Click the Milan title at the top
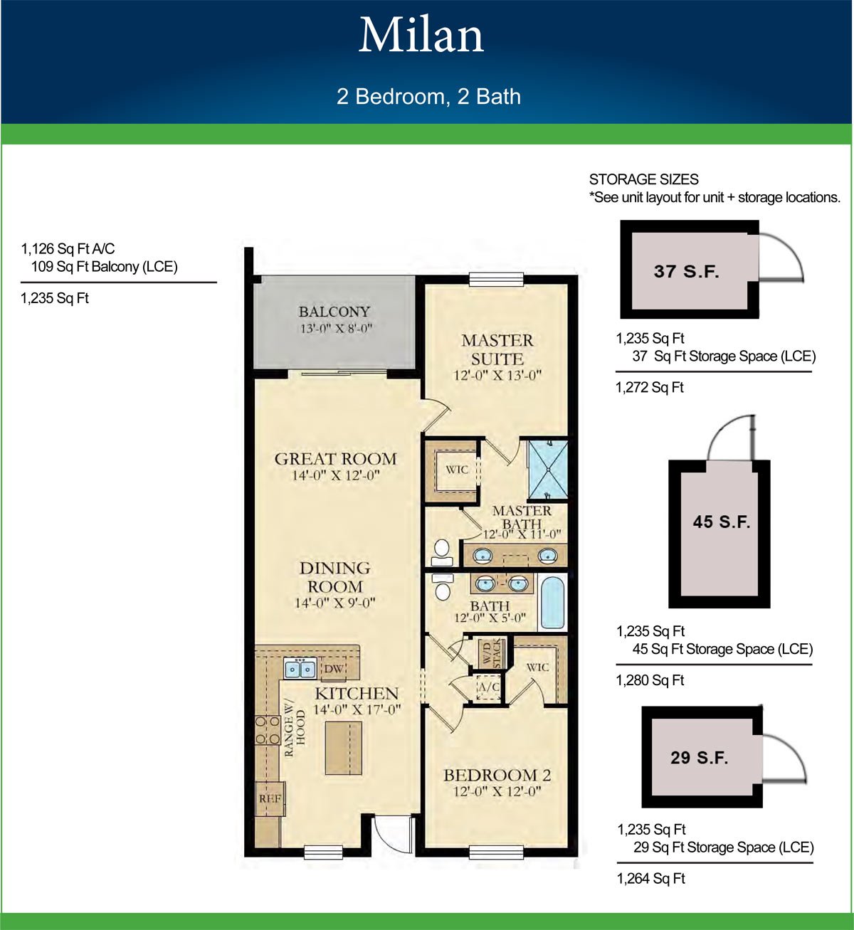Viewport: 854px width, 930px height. (421, 36)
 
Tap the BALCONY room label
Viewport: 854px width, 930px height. (334, 312)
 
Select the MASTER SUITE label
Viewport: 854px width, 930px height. (497, 349)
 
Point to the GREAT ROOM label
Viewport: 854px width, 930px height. (335, 459)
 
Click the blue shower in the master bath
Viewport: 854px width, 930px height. (548, 470)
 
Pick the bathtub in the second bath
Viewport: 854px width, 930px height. (552, 602)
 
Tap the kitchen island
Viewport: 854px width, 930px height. (343, 748)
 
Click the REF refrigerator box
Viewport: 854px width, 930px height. (270, 798)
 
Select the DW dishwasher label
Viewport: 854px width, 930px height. (334, 668)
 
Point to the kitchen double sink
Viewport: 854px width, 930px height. (300, 669)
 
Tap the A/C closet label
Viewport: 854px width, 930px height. (489, 687)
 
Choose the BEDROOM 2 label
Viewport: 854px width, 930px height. (497, 775)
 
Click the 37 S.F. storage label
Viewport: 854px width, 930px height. (687, 271)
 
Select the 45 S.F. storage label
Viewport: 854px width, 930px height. (722, 522)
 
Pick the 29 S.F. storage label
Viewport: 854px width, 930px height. (699, 758)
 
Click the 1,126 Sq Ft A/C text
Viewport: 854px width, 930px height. (68, 249)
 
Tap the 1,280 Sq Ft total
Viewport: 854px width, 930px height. (650, 680)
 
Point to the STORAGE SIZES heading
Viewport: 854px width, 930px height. (644, 179)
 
